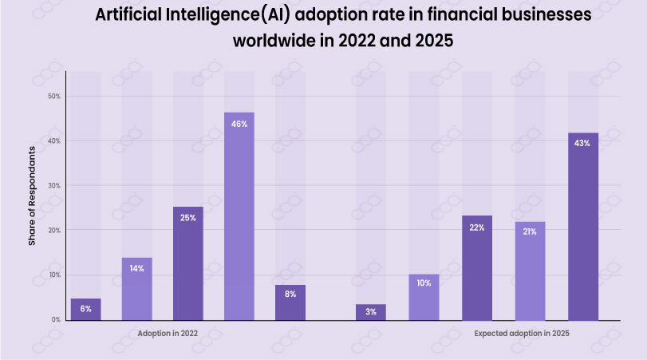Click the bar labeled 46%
pos(239,216)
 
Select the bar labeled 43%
pos(582,227)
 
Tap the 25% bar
pos(187,263)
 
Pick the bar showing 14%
pos(136,288)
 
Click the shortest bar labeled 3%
pos(371,312)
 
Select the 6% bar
pos(85,310)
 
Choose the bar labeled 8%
pos(290,303)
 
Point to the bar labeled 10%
pos(424,297)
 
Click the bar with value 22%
pos(476,267)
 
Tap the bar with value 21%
pos(530,271)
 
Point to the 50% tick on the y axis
pos(54,96)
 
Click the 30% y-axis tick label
pos(54,185)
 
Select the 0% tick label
pos(56,319)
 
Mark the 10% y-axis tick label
pos(54,275)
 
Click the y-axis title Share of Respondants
pos(33,196)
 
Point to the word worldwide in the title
pos(271,42)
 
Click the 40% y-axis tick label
pos(54,140)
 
